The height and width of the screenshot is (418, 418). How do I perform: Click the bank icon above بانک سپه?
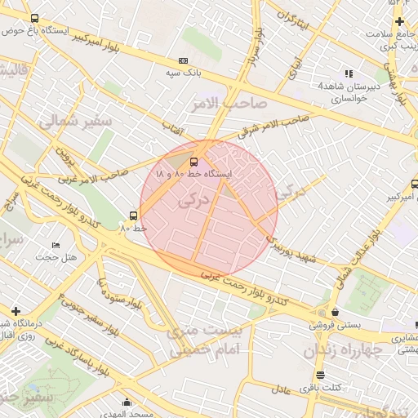182,61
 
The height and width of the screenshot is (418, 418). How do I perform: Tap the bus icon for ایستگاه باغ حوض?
33,18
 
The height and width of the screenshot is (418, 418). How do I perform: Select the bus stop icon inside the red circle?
193,161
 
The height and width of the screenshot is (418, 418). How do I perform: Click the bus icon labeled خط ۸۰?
133,216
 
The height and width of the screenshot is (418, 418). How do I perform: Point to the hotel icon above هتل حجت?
56,245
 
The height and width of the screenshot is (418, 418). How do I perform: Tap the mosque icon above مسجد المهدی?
127,402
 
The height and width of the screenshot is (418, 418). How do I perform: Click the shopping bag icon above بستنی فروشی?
335,311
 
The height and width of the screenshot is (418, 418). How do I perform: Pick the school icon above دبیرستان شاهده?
349,73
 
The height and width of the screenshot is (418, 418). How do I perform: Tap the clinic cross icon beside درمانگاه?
16,311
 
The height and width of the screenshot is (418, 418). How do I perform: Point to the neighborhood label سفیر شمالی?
61,122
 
